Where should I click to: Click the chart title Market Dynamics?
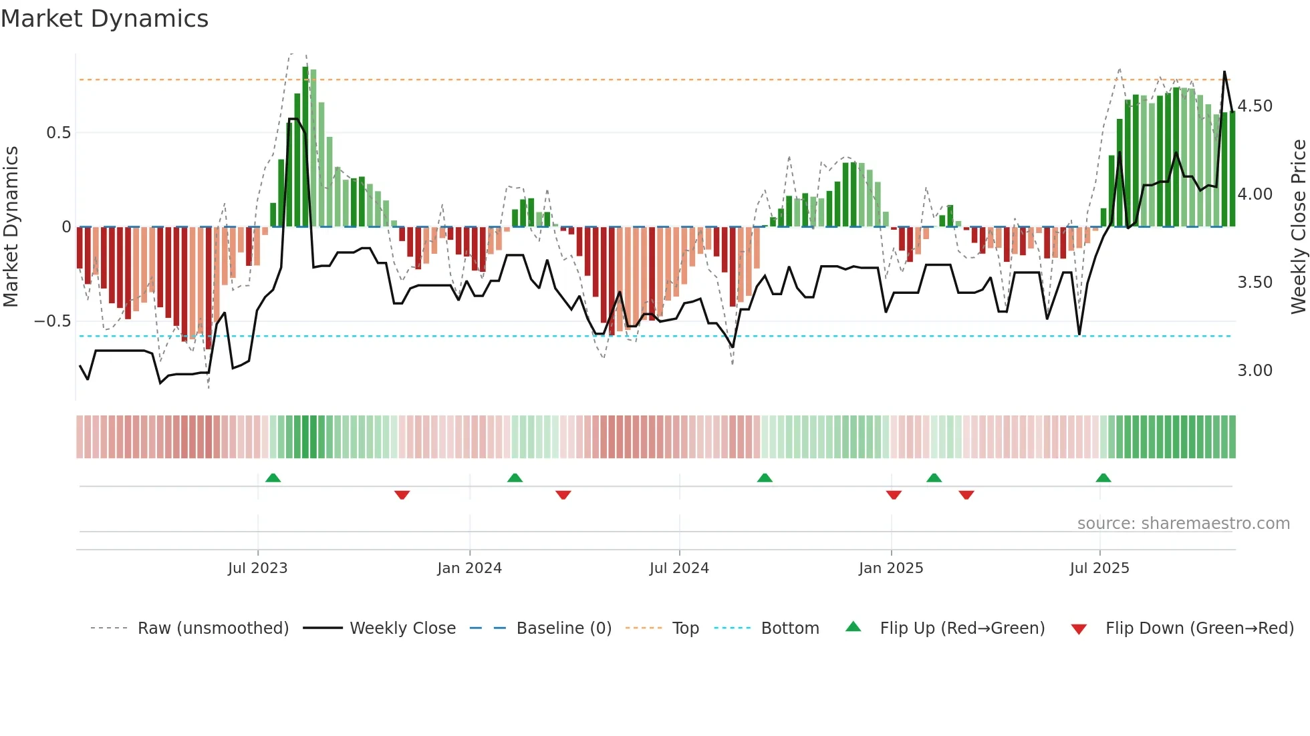point(104,19)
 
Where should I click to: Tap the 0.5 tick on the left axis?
point(58,133)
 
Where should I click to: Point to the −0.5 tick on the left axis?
point(53,321)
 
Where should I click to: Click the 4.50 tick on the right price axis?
point(1255,106)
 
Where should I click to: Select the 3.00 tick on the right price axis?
point(1255,371)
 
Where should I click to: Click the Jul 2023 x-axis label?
point(257,568)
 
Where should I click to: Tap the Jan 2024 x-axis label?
point(469,568)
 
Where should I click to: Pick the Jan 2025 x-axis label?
point(890,568)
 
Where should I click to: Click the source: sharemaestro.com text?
point(1183,524)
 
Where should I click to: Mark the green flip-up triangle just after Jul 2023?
point(273,478)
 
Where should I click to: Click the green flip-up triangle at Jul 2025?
point(1103,478)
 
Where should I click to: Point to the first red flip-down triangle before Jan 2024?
point(402,495)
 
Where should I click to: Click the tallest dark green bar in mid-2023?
point(305,147)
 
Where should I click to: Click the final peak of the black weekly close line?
point(1224,72)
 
